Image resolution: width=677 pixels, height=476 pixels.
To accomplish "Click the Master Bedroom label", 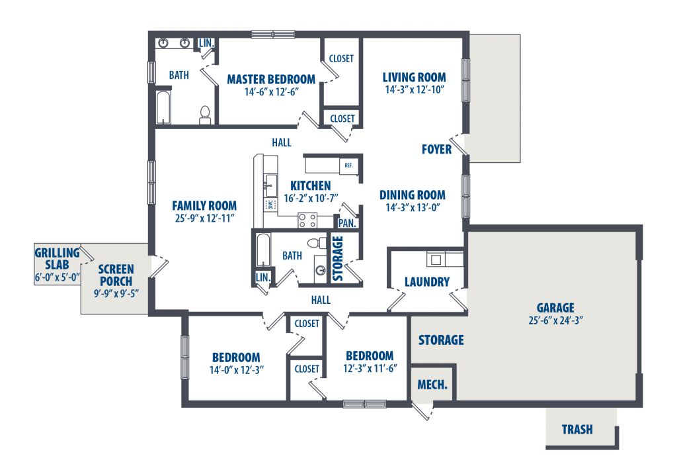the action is (271, 79).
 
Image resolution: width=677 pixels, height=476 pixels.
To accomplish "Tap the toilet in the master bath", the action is (205, 115).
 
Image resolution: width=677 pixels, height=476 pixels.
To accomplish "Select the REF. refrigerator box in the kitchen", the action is (349, 165).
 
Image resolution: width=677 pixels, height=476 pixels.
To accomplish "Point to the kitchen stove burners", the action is (307, 220).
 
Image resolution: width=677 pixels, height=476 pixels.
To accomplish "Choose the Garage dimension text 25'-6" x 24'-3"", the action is (555, 321).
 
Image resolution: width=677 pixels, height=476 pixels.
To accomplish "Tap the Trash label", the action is (577, 429).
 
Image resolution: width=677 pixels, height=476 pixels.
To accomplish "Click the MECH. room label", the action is (432, 385).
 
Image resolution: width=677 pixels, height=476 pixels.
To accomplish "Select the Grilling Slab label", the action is (57, 259).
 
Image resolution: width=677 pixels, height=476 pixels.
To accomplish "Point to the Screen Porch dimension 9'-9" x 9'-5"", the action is (116, 293).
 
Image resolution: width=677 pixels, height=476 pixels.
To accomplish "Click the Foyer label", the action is (436, 150).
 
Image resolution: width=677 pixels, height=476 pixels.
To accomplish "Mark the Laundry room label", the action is (426, 282).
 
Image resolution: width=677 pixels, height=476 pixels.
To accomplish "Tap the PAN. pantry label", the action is (347, 224).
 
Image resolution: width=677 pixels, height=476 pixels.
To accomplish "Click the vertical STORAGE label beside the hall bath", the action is (338, 258).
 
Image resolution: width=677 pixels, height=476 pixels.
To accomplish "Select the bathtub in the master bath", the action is (163, 107).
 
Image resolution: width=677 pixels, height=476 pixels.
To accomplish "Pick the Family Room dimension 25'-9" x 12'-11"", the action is (204, 218).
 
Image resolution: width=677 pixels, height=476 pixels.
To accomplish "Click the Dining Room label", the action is (413, 195).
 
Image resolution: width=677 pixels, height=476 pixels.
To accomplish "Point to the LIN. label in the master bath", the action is (206, 43).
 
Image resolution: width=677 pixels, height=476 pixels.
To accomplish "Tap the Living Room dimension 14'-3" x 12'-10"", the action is (415, 90).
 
